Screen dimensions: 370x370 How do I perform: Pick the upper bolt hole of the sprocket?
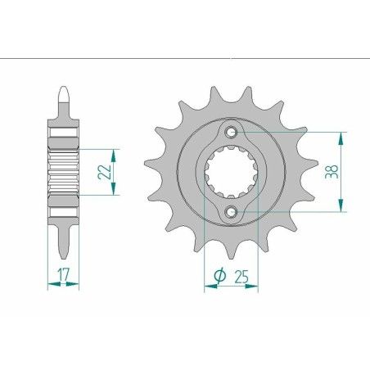(x=233, y=133)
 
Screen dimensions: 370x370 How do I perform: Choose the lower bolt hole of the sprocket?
(x=233, y=212)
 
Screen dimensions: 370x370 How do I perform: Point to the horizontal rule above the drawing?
(x=185, y=59)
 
